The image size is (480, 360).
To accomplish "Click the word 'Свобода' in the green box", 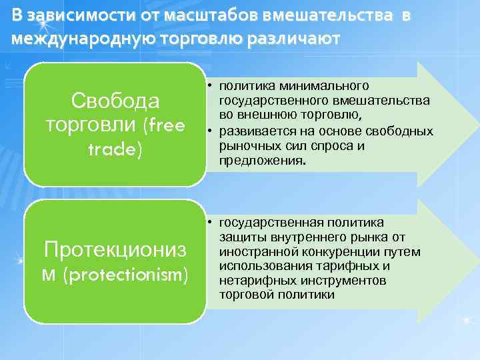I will point(115,101).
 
